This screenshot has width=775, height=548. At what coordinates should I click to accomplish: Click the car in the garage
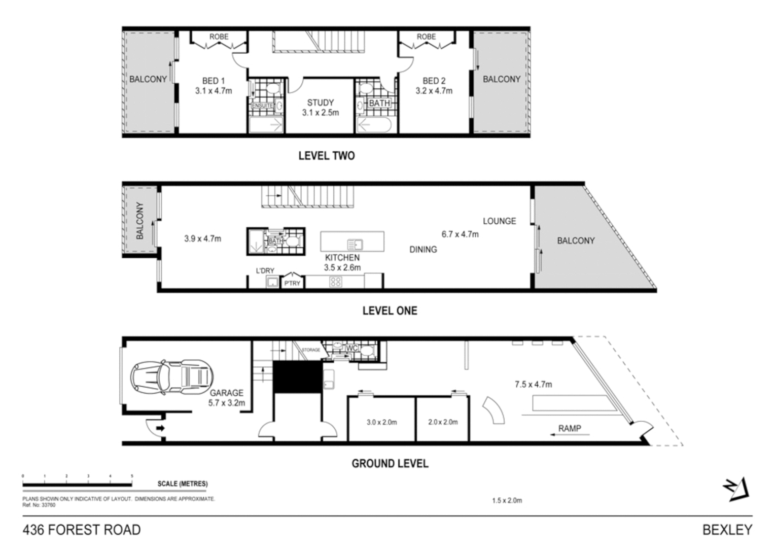(171, 378)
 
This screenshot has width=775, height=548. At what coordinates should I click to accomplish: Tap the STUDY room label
(320, 102)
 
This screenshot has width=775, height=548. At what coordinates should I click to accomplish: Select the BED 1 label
(213, 81)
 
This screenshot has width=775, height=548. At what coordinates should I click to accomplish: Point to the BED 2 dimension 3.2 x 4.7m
(434, 91)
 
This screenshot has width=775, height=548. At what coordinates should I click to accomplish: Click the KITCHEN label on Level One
(342, 258)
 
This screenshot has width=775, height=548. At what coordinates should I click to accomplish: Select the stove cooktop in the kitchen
(335, 282)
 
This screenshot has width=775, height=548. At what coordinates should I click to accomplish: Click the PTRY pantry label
(292, 283)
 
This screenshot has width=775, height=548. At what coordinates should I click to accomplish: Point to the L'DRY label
(265, 271)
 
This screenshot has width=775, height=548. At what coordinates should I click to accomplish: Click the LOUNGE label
(499, 221)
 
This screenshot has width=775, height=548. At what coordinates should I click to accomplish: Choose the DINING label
(423, 250)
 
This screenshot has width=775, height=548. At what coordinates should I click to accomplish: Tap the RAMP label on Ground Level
(569, 429)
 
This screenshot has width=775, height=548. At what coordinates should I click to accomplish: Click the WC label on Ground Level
(352, 348)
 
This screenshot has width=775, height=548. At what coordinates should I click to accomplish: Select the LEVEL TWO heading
(326, 156)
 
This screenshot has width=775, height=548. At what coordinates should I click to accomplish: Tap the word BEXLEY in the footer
(727, 530)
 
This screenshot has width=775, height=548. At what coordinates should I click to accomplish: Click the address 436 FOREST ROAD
(82, 530)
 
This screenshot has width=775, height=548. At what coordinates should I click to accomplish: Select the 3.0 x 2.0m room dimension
(381, 422)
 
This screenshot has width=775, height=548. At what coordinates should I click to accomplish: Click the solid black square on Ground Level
(297, 376)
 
